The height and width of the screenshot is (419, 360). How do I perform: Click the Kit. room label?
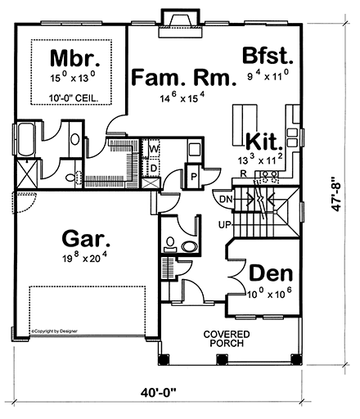(263, 141)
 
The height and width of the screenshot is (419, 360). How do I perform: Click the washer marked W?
(154, 151)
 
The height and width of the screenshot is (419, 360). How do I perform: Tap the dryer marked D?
(154, 167)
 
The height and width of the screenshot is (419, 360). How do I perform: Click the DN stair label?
(226, 198)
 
